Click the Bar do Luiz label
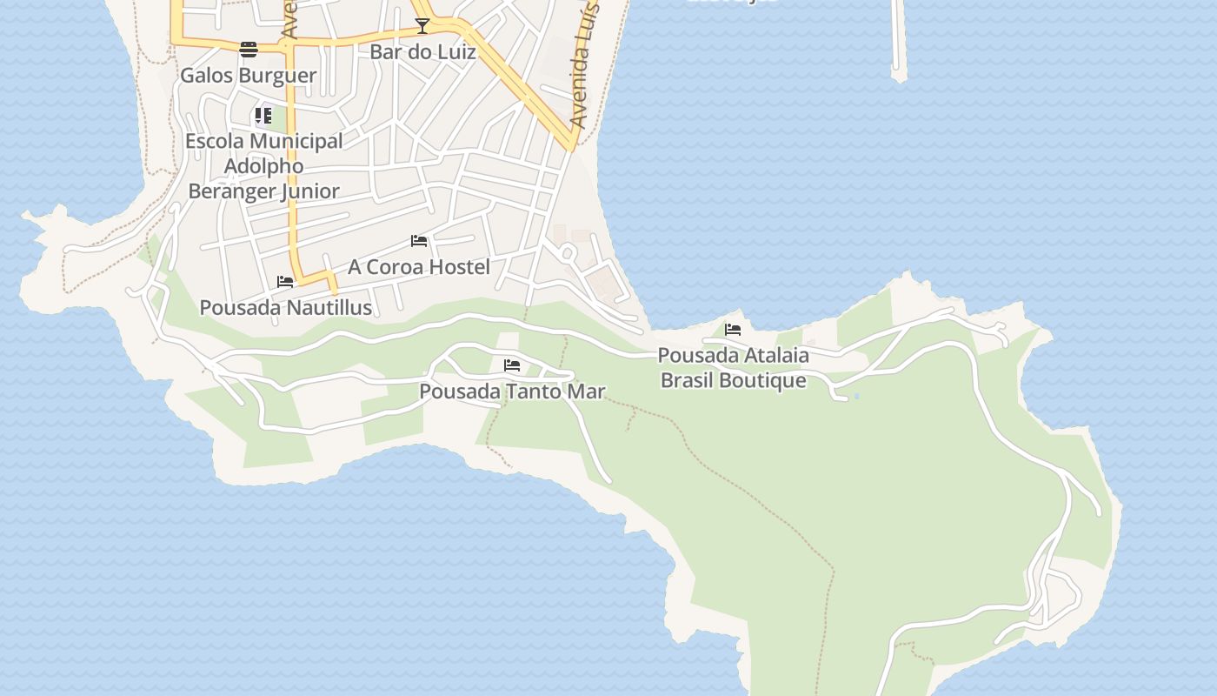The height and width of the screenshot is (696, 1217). click(422, 52)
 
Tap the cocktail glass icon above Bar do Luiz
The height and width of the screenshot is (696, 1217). click(422, 26)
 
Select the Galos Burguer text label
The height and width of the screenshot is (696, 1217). click(249, 76)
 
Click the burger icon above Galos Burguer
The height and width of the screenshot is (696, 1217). click(249, 49)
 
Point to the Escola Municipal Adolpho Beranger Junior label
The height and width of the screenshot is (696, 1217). click(264, 165)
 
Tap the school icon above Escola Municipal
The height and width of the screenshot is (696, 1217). click(263, 116)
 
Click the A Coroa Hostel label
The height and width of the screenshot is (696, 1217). click(419, 267)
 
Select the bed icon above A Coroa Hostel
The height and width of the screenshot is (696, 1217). click(419, 241)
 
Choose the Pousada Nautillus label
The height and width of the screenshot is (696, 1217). click(286, 308)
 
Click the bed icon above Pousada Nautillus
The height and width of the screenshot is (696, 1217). click(285, 282)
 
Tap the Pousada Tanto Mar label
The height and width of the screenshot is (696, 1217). click(512, 391)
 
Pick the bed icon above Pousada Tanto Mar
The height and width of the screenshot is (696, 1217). click(512, 365)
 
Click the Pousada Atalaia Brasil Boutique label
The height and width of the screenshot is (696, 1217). click(733, 368)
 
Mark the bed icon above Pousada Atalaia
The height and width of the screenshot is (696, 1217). click(733, 330)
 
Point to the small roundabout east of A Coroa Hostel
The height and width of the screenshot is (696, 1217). click(568, 254)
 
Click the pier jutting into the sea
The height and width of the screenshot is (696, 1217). click(899, 43)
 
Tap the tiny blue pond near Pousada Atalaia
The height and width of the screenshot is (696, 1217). click(856, 397)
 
